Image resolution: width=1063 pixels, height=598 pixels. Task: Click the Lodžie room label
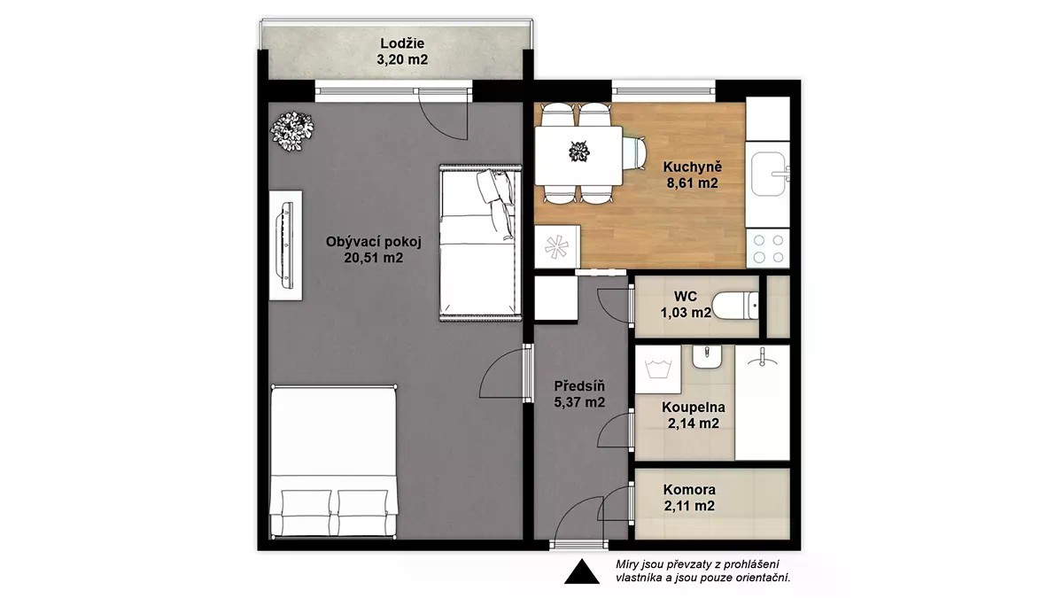pos(402,43)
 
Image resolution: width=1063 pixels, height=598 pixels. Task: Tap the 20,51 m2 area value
pos(374,258)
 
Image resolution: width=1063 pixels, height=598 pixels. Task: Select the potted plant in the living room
pos(291,131)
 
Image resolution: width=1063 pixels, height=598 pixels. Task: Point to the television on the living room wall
pos(287,245)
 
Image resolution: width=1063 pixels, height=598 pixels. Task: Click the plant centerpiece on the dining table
pos(579,151)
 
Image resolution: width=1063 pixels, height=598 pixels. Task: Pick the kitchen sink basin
pos(768,174)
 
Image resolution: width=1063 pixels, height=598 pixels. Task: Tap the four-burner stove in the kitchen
pos(768,249)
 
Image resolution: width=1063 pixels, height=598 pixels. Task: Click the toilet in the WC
pos(735,307)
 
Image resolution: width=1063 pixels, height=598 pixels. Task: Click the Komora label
pos(689,489)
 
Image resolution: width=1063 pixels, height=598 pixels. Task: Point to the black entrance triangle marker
pos(581,571)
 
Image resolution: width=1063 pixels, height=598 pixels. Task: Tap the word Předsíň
pos(579,385)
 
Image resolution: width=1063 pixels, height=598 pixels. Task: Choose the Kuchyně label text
pos(693,167)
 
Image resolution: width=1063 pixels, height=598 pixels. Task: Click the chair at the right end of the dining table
pos(634,152)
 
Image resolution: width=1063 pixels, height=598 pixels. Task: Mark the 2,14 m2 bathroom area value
pos(694,423)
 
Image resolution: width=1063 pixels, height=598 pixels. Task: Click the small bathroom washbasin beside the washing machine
pos(707,357)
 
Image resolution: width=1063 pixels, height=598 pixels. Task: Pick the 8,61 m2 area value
pos(693,183)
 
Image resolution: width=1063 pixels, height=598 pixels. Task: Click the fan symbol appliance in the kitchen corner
pos(557,247)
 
